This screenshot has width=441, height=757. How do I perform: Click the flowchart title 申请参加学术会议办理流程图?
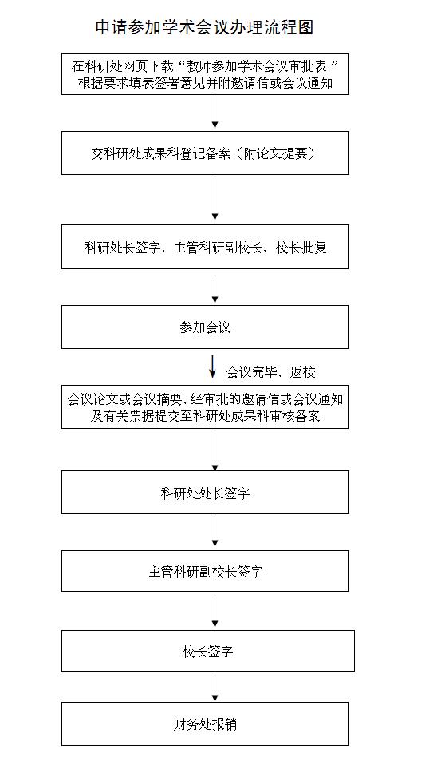pos(205,27)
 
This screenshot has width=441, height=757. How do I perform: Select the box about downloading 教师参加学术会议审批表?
pos(205,74)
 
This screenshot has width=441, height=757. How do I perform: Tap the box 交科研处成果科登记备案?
pos(205,153)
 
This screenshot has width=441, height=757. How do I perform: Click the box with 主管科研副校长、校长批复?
pos(205,247)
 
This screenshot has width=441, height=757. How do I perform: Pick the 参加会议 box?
pos(205,327)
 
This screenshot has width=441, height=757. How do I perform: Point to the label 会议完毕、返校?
pos(270,372)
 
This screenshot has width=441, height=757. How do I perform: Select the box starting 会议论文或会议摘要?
pos(205,406)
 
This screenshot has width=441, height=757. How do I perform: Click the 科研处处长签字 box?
pos(205,493)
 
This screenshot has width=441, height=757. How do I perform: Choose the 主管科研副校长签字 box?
pos(205,571)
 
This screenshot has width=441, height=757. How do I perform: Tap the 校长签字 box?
pos(208,651)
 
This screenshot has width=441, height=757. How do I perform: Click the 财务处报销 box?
pos(205,724)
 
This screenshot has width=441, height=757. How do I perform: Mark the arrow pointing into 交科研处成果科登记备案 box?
pos(215,113)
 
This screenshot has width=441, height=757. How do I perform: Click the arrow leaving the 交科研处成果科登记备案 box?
pos(215,200)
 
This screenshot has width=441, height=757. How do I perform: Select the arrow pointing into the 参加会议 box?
pos(215,289)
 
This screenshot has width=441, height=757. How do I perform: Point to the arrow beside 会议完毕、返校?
pos(213,367)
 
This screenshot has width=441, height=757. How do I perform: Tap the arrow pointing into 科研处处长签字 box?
pos(215,451)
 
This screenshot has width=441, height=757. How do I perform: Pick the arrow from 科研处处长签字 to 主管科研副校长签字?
pos(215,530)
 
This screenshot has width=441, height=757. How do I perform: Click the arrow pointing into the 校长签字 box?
pos(215,611)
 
